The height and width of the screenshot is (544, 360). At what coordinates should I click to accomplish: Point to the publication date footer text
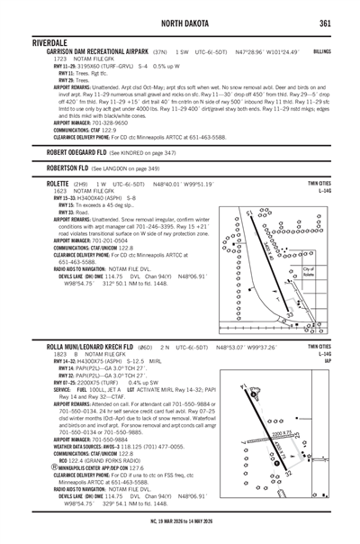pyautogui.click(x=180, y=537)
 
